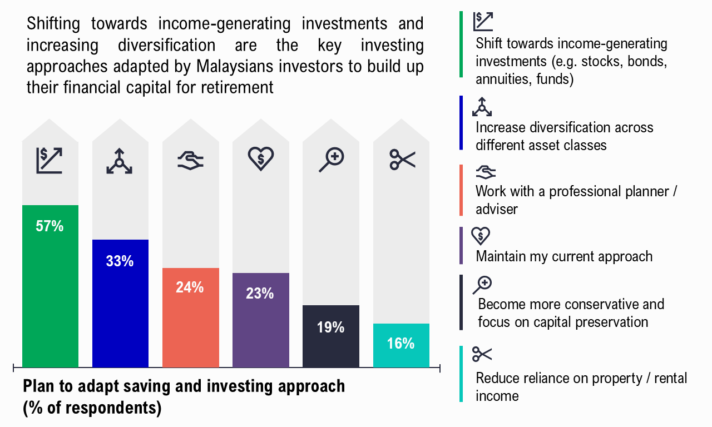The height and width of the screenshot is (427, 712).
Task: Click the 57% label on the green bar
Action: [50, 226]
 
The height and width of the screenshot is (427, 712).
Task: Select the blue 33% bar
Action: [121, 304]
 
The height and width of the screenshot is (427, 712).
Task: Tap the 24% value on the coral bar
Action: [190, 287]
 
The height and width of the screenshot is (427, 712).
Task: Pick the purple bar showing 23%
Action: [261, 320]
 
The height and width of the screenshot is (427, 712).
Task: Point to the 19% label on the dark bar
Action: [330, 327]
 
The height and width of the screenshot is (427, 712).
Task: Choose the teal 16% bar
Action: [401, 346]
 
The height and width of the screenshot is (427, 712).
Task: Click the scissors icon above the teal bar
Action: [402, 160]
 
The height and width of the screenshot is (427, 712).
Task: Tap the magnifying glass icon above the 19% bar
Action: [332, 160]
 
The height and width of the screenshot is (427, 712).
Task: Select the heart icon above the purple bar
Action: [261, 158]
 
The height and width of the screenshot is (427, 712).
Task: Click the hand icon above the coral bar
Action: [190, 161]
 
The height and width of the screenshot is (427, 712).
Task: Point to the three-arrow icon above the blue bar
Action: [119, 161]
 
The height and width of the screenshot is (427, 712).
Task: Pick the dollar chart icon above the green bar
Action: [50, 161]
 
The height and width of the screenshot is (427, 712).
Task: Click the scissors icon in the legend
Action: [482, 354]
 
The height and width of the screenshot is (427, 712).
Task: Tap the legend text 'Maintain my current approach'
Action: [564, 256]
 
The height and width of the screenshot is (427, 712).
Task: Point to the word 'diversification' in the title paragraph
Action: [166, 45]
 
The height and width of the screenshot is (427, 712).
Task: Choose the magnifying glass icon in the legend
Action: [482, 285]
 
